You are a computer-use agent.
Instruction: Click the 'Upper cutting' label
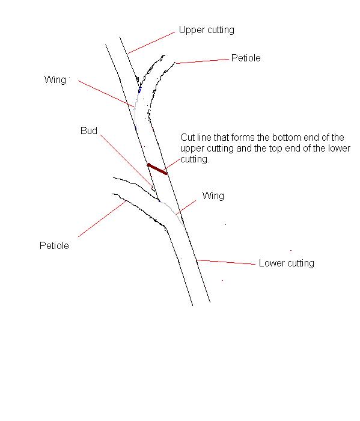207,30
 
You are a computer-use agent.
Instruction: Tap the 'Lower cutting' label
287,263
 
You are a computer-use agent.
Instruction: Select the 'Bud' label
89,131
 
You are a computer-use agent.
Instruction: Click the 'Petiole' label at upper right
246,58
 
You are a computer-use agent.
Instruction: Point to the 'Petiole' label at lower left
54,245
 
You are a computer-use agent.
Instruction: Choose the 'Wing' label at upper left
55,80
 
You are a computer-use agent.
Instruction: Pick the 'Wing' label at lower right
213,196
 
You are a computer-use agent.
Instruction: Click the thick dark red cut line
157,169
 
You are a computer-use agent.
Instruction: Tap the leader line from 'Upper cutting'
151,43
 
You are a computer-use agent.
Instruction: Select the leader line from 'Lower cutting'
226,262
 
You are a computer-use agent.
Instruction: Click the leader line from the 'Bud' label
126,160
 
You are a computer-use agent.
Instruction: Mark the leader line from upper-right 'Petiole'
203,61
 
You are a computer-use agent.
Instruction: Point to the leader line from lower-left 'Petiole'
102,219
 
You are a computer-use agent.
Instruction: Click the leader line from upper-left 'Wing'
106,93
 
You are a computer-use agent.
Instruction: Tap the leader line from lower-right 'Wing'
186,207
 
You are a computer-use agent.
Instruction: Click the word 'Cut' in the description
188,138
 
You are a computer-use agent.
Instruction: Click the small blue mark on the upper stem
139,90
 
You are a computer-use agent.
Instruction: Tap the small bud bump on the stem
153,188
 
